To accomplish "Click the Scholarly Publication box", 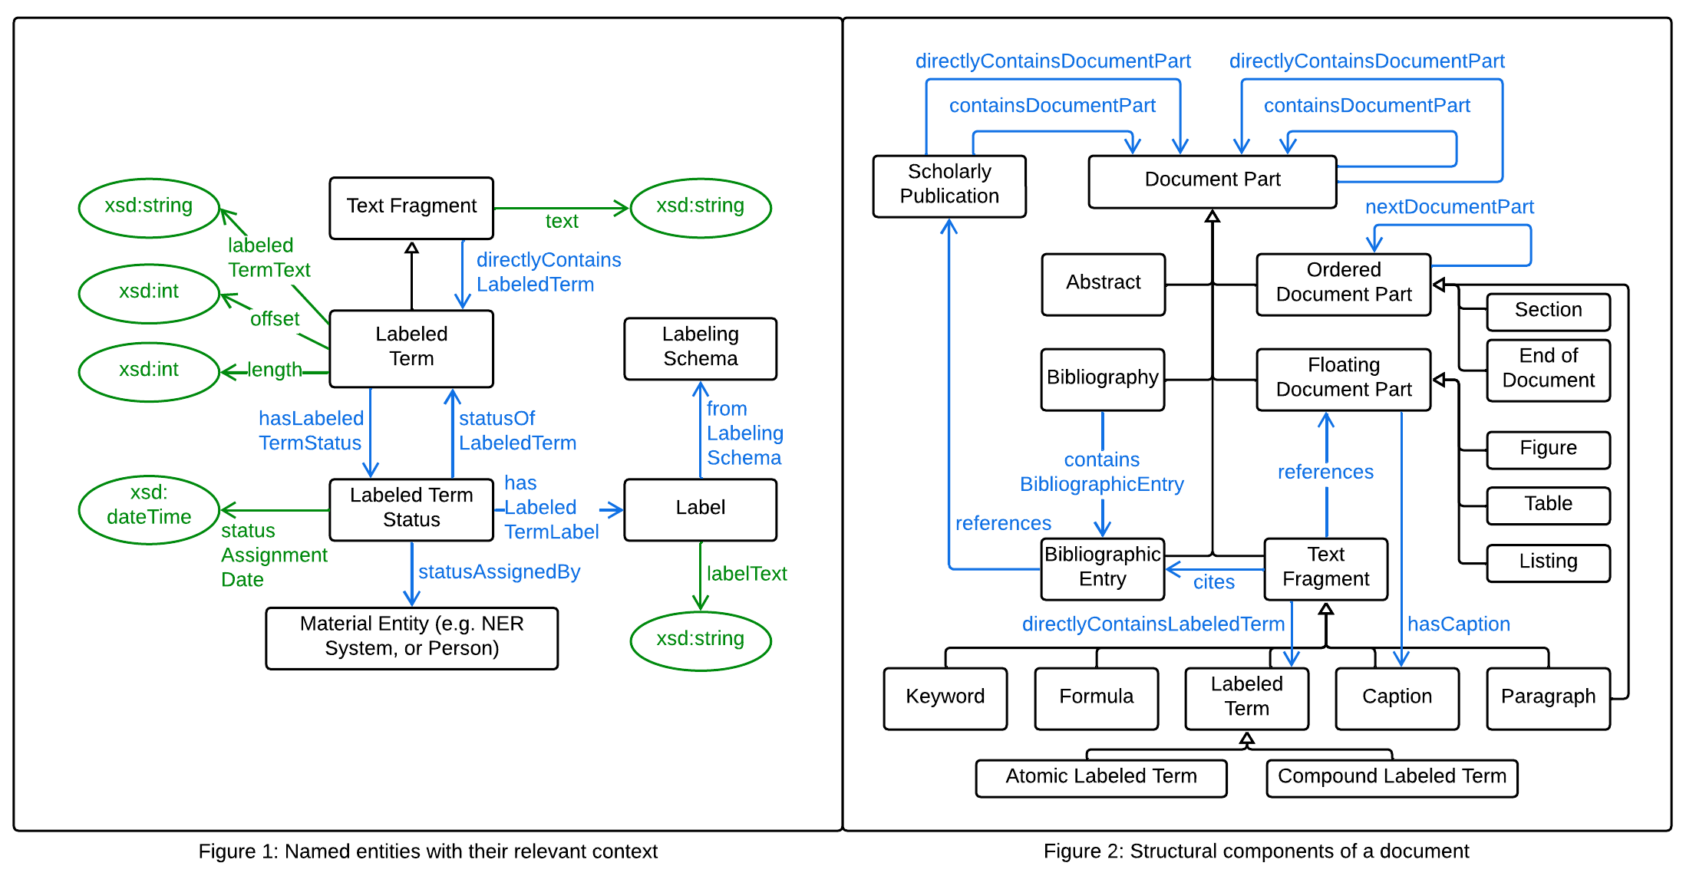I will tap(949, 185).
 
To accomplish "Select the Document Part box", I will tap(1212, 180).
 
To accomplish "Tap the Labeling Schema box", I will tap(700, 347).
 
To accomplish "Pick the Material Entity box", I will tap(411, 637).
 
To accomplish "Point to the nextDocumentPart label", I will tap(1448, 206).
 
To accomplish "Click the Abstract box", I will tap(1103, 283).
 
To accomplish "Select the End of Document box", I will tap(1547, 369).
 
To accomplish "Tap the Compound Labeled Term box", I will tap(1391, 777).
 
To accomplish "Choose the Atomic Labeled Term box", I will tap(1100, 777).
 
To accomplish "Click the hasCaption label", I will tap(1458, 624).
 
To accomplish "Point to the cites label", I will tap(1213, 582).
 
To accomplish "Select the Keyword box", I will tap(945, 697).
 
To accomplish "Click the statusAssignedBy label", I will tap(499, 572).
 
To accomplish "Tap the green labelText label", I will tap(746, 574).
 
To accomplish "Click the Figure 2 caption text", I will tap(1255, 851).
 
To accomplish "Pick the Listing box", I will tap(1547, 561).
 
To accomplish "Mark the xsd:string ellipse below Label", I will tap(700, 639).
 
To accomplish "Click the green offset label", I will tap(274, 319).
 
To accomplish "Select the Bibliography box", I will tap(1102, 378).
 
